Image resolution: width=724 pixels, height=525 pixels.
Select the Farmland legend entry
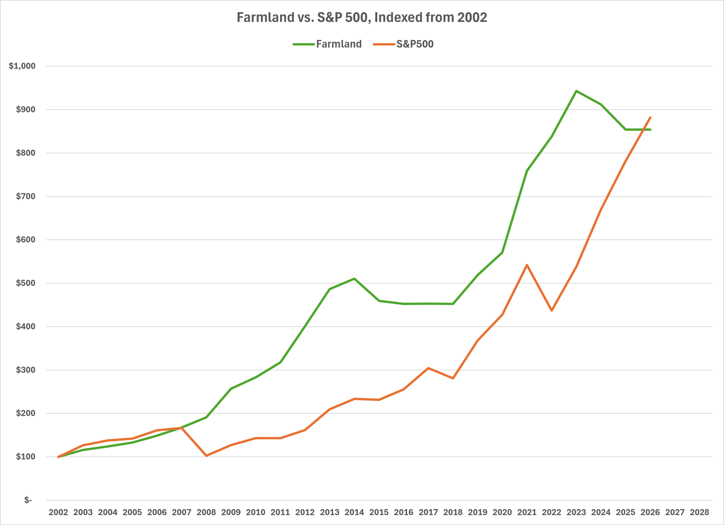pyautogui.click(x=327, y=44)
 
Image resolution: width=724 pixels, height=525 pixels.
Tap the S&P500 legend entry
pyautogui.click(x=403, y=44)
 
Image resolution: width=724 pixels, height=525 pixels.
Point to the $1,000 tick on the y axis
pyautogui.click(x=22, y=66)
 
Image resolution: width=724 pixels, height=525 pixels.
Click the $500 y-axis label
pyautogui.click(x=25, y=283)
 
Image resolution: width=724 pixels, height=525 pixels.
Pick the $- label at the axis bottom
pyautogui.click(x=28, y=500)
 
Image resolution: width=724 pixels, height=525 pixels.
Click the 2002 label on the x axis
pyautogui.click(x=58, y=512)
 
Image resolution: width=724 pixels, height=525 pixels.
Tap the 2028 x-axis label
pyautogui.click(x=699, y=512)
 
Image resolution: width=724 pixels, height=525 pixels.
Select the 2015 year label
pyautogui.click(x=379, y=512)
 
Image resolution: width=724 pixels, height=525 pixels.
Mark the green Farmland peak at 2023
pyautogui.click(x=576, y=91)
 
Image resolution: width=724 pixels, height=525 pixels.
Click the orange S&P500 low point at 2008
pyautogui.click(x=206, y=455)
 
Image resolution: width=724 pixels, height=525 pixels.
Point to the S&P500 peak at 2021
pyautogui.click(x=527, y=265)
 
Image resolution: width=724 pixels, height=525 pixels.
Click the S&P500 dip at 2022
pyautogui.click(x=552, y=310)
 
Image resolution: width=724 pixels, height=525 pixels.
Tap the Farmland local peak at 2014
pyautogui.click(x=354, y=278)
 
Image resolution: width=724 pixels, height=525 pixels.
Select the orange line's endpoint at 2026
pyautogui.click(x=650, y=118)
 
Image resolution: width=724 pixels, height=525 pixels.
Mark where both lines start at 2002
pyautogui.click(x=58, y=457)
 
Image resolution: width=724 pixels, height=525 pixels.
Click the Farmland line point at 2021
pyautogui.click(x=527, y=171)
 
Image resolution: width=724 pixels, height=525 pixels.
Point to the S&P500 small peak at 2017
pyautogui.click(x=428, y=368)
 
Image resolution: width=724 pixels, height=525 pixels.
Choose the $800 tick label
pyautogui.click(x=25, y=153)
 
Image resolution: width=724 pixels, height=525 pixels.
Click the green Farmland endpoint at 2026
pyautogui.click(x=650, y=130)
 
